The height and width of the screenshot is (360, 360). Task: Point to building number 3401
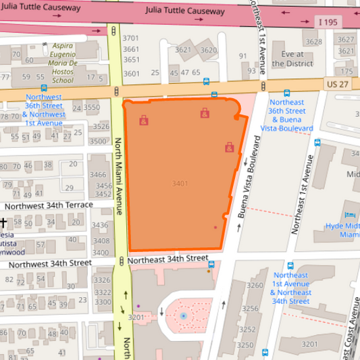click(x=180, y=184)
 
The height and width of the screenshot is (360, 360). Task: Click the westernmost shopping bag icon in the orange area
click(x=143, y=121)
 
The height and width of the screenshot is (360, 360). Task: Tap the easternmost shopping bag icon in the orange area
click(x=230, y=147)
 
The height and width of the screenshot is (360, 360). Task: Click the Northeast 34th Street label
click(x=168, y=259)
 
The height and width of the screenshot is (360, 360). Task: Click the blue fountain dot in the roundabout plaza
click(x=183, y=316)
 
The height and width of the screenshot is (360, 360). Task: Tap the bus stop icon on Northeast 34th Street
click(x=290, y=266)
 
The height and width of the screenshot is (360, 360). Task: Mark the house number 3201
click(x=137, y=317)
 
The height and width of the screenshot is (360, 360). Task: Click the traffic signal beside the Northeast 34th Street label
click(x=121, y=260)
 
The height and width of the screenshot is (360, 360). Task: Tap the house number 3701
click(x=131, y=38)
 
